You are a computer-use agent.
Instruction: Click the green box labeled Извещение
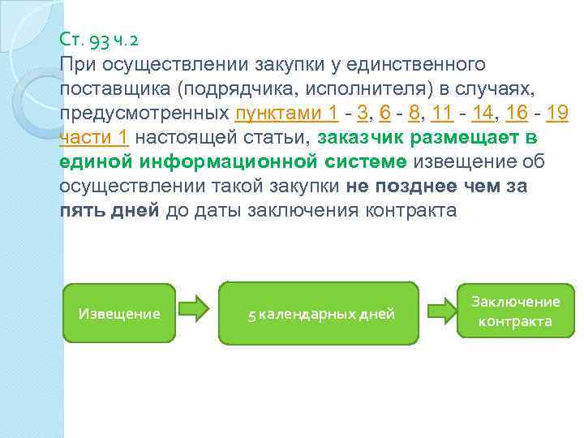click(118, 314)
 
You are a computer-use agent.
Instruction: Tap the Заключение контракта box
click(515, 311)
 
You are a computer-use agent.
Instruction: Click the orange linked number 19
click(556, 113)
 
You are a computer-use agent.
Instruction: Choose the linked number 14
click(482, 113)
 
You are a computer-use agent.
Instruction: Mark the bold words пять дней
click(109, 211)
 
